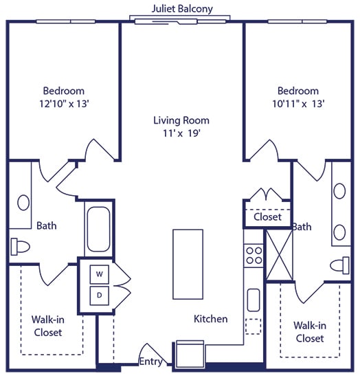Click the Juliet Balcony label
(182, 9)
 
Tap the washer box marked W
(100, 274)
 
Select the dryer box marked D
(100, 296)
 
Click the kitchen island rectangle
(188, 264)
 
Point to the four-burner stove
(254, 256)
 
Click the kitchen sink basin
(254, 300)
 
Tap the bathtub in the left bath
(98, 229)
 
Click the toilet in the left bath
(20, 247)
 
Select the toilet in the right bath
(339, 265)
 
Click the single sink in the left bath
(23, 203)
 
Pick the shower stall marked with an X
(280, 255)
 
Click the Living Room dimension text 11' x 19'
(182, 133)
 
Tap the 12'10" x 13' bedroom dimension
(64, 104)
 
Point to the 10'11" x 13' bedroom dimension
(298, 104)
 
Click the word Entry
(151, 361)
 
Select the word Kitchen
(211, 319)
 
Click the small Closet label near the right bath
(267, 216)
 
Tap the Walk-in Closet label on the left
(48, 326)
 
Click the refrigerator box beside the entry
(190, 354)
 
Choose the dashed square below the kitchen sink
(254, 326)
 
